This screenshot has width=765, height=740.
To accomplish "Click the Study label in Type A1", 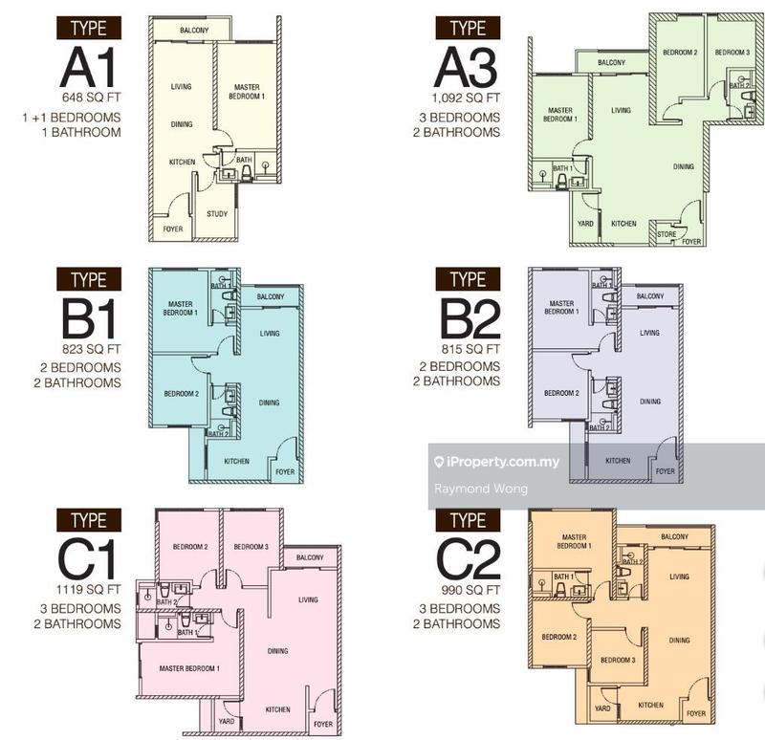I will tap(217, 213).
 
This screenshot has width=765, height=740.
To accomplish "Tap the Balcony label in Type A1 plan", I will tap(196, 31).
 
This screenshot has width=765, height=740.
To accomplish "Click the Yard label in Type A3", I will tap(585, 224).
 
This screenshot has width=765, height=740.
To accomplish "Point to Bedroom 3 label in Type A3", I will tap(733, 52).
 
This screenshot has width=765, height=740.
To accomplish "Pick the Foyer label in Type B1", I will tap(285, 471).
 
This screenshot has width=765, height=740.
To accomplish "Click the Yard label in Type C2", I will tap(602, 708).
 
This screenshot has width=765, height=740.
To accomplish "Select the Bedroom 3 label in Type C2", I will tap(618, 660).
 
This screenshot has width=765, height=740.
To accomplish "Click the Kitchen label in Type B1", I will tap(236, 462).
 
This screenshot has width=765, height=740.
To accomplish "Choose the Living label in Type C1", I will tap(308, 599).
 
